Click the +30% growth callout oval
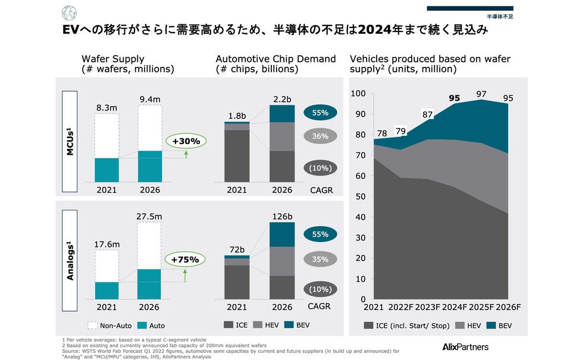186,141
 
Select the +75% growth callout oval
186,259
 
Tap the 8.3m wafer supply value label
107,107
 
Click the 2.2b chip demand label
281,99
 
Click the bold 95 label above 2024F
455,98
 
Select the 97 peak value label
481,93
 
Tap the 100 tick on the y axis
357,93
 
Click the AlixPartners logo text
465,346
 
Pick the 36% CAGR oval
320,136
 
